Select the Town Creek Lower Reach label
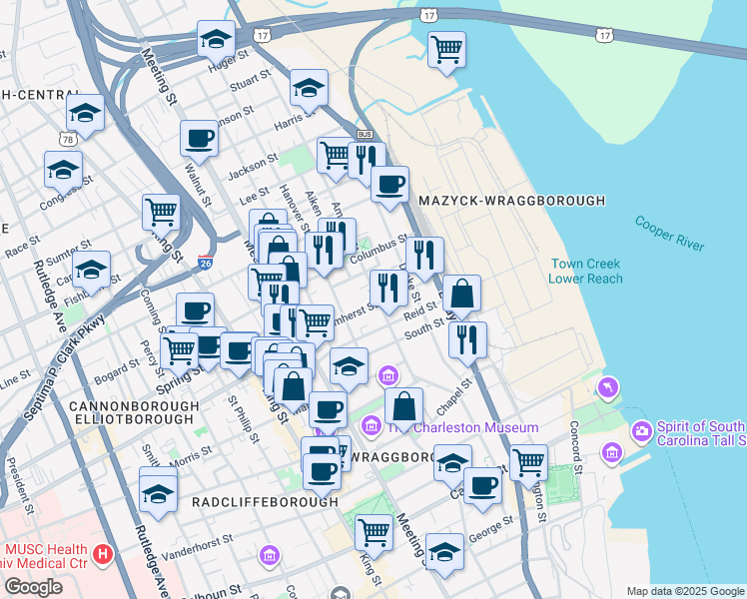click(585, 272)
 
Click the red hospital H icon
click(101, 553)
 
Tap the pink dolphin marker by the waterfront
click(607, 386)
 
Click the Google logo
click(34, 587)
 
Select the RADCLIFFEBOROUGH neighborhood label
click(265, 502)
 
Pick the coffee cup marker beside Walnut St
click(198, 139)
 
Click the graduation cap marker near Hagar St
click(215, 40)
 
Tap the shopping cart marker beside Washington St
click(528, 462)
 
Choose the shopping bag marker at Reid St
click(461, 294)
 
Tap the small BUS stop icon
click(364, 134)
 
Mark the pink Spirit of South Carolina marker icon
click(641, 432)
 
